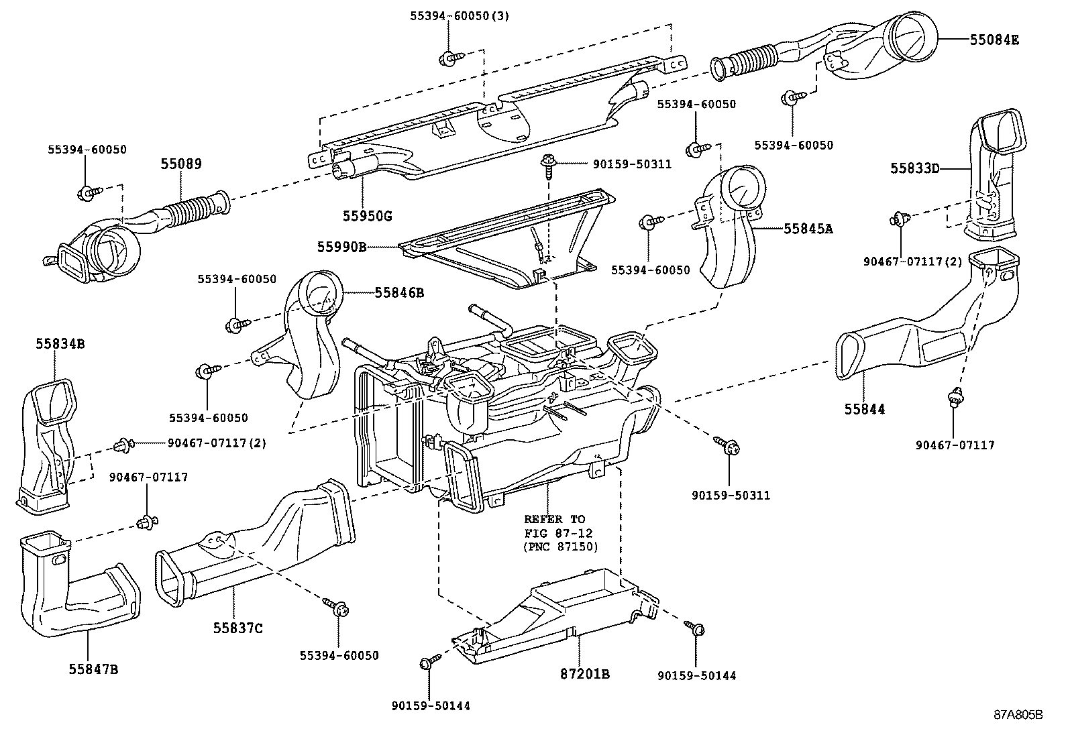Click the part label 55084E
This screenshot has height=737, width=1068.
[994, 40]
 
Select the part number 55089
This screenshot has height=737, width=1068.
[180, 164]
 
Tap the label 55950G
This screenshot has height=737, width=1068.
[367, 216]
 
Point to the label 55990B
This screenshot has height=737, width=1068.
[341, 247]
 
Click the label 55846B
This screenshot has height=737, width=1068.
[399, 292]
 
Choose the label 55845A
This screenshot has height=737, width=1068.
[808, 229]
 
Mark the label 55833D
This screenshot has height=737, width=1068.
[914, 168]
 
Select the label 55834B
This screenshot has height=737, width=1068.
[60, 344]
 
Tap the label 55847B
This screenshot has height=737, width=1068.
[93, 669]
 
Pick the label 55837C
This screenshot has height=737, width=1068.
[238, 628]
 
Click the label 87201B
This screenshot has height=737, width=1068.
[586, 674]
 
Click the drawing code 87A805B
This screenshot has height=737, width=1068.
[1018, 714]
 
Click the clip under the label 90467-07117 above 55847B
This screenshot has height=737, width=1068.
[145, 521]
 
